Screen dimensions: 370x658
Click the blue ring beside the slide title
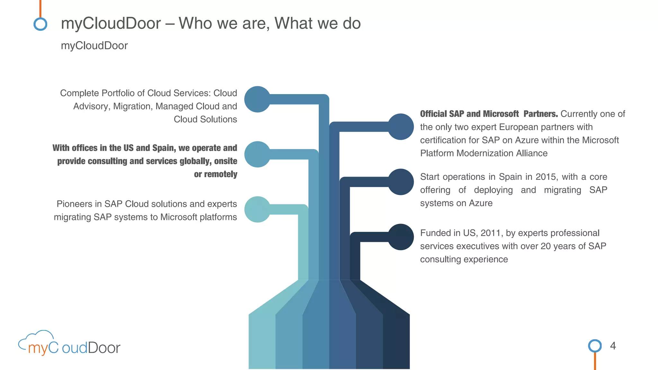tap(40, 24)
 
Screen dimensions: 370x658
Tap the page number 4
tap(613, 346)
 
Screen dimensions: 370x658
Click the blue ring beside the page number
tap(595, 346)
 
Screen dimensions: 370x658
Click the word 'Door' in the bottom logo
tap(104, 348)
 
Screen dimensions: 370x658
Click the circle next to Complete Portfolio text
tap(257, 99)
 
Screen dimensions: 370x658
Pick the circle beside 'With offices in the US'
tap(257, 154)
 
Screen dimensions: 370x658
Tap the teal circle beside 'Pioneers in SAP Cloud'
tap(257, 209)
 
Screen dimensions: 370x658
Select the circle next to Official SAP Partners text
tap(401, 127)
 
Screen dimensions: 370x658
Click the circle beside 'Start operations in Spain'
tap(401, 182)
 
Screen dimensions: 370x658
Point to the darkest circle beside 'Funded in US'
tap(401, 237)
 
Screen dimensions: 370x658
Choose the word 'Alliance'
tap(532, 153)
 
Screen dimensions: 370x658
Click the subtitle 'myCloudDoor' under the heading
tap(94, 46)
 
